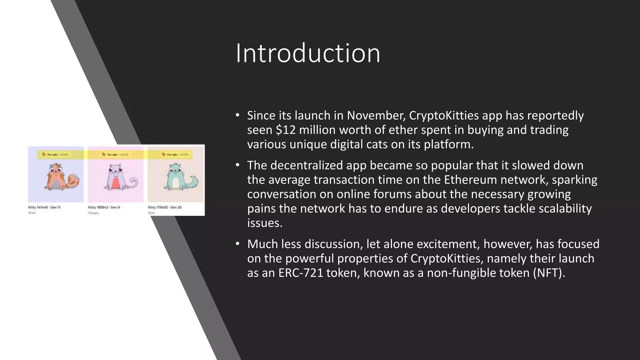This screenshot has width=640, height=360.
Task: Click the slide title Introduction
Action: pos(308,53)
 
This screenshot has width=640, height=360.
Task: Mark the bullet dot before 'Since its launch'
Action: pos(237,115)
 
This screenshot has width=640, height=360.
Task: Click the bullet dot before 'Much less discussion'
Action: pos(237,244)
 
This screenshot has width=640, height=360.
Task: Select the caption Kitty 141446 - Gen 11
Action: pos(44,207)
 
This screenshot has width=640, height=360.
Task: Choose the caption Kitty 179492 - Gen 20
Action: pos(165,207)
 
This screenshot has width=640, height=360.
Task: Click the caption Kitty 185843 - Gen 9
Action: pos(104,207)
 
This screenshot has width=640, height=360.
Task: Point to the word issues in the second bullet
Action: pos(265,223)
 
